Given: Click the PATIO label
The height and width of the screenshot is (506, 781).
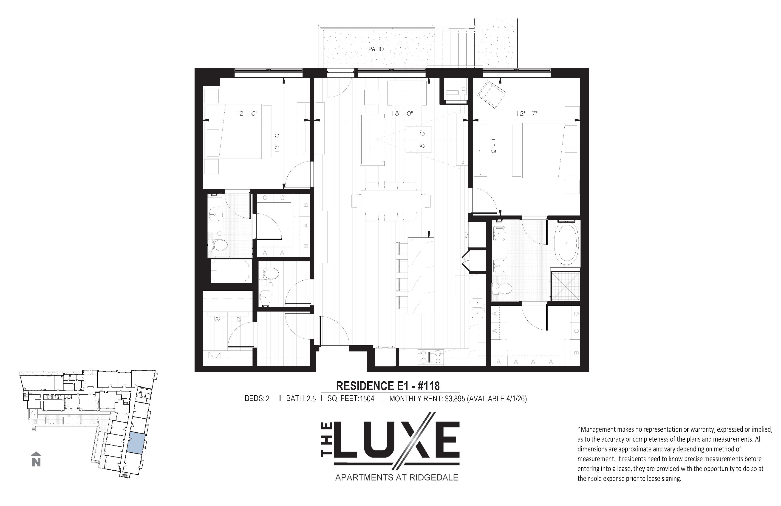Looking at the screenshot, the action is [376, 49].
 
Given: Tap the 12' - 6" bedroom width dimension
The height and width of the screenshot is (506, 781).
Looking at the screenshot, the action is [246, 114].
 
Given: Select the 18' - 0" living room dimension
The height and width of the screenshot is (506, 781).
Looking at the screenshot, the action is [402, 114].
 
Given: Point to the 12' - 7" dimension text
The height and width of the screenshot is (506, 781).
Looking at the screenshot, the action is [527, 114].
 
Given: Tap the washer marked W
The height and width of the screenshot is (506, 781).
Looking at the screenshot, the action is [217, 319].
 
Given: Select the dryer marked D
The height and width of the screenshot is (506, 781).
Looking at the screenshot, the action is [239, 319].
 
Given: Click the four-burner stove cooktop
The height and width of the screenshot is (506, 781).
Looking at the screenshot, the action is [430, 357].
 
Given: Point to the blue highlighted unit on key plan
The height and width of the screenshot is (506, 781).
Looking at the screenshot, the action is [136, 443].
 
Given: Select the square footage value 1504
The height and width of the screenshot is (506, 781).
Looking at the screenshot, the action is [367, 399].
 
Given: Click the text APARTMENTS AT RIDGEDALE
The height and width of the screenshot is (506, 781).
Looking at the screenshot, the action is [396, 477].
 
